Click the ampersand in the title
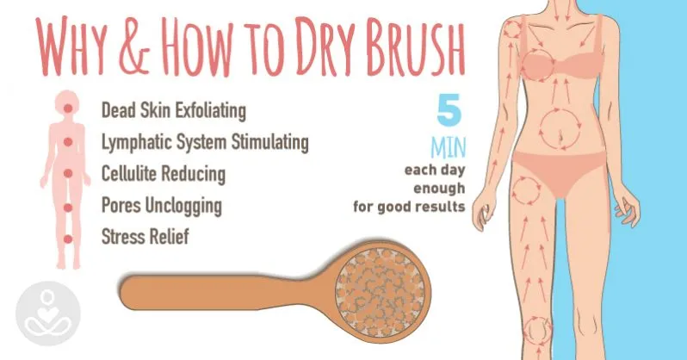coord(133,47)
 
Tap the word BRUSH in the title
coord(415,47)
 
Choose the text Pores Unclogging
coord(162,205)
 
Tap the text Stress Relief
coord(145,236)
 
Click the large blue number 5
coord(449,109)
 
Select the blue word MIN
coord(448,148)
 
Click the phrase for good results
coord(409,206)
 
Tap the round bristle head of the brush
coord(380,293)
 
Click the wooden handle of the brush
coord(219,293)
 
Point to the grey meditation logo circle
coord(48,313)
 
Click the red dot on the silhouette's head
coord(67,108)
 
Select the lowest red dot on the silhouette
coord(67,239)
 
